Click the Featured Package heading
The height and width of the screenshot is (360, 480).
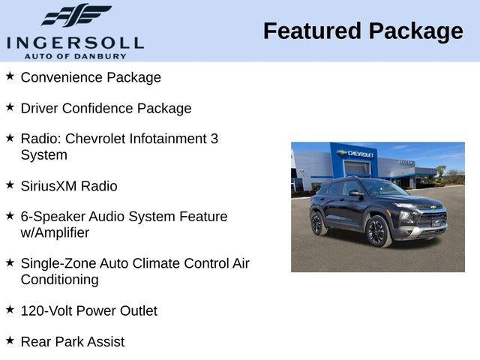(x=363, y=31)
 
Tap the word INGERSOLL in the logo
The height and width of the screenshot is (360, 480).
(x=75, y=42)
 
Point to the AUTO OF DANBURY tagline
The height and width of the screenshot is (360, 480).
(x=75, y=55)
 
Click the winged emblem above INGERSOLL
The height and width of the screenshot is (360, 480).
(x=76, y=15)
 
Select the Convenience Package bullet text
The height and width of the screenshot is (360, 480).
(x=91, y=77)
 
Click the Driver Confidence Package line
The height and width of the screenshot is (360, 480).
(x=106, y=108)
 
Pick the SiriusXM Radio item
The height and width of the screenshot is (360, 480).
(x=69, y=186)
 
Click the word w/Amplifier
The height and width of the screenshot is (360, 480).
(x=55, y=232)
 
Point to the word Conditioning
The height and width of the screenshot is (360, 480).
(x=59, y=279)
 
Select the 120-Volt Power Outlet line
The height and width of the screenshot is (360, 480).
(x=88, y=310)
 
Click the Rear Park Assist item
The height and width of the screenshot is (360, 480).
(x=73, y=341)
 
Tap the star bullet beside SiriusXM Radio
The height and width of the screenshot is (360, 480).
(x=10, y=184)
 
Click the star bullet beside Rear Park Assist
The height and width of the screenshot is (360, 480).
(x=10, y=340)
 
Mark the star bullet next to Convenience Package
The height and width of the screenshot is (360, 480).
(x=10, y=76)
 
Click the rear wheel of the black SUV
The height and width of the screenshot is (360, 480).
(x=318, y=223)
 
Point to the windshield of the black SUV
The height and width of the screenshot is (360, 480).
(x=382, y=189)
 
